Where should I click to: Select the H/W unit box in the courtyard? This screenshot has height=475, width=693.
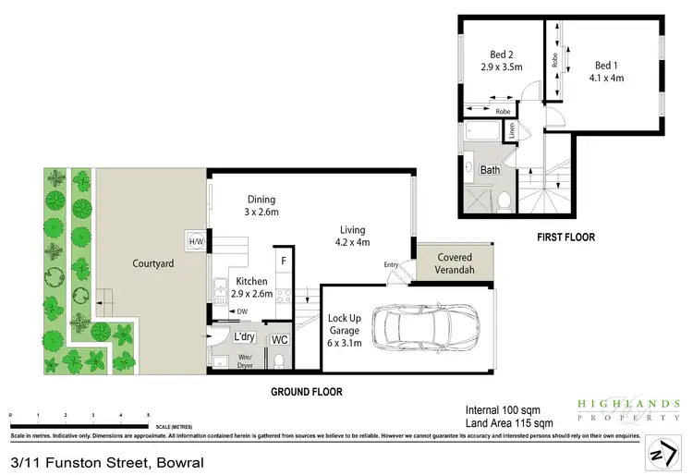click(x=195, y=242)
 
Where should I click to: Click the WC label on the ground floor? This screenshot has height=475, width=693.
click(x=280, y=340)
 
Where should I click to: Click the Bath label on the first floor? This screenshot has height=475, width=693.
click(x=490, y=170)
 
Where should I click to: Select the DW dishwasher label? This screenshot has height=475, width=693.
click(x=242, y=311)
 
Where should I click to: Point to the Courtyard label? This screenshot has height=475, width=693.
click(x=153, y=263)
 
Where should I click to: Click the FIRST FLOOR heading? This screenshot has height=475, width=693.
click(x=565, y=237)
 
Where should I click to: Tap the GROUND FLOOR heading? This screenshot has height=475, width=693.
click(x=306, y=392)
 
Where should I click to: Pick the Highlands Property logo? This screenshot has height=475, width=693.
click(x=628, y=409)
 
